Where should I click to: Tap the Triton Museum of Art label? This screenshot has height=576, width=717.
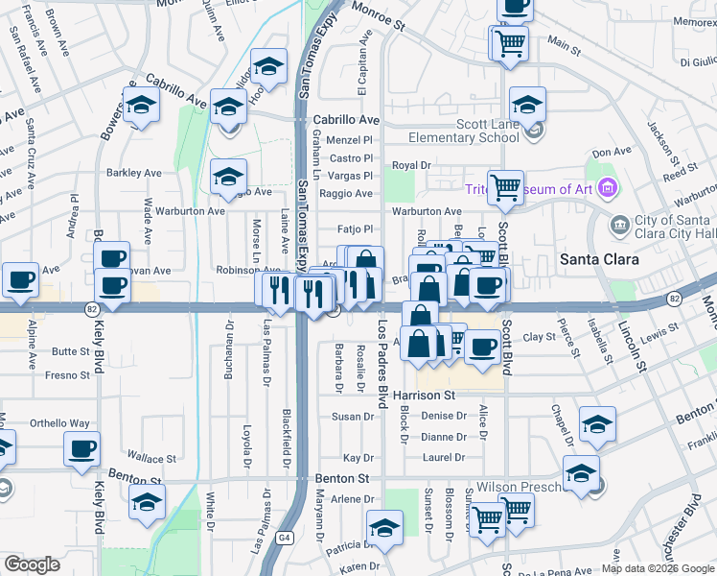pos(529,189)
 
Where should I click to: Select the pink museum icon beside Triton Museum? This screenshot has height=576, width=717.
pos(605,188)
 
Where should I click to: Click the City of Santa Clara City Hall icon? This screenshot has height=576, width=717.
pos(620,224)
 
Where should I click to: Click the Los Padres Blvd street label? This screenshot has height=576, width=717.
pos(383,361)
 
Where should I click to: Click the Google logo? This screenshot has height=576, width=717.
pos(32,564)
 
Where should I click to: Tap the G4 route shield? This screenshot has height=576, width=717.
pos(285,538)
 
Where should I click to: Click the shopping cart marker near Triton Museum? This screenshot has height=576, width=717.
pos(506,187)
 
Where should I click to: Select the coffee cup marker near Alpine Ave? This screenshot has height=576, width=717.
pos(20,280)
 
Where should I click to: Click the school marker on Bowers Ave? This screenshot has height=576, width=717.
pos(141,106)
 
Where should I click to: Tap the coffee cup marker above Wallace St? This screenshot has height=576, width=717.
pos(81,448)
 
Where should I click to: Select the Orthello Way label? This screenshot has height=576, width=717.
pos(59,422)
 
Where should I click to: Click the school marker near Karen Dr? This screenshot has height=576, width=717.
pos(384,528)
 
